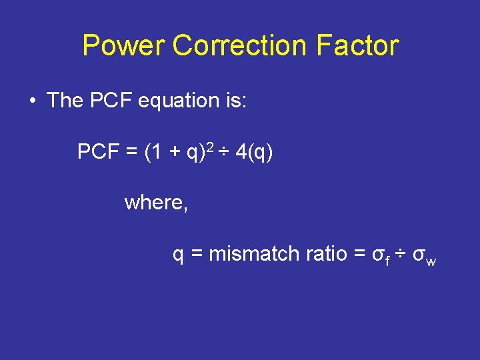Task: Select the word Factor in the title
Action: coord(357,46)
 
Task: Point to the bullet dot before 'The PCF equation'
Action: coord(32,101)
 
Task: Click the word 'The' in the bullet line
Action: coord(65,101)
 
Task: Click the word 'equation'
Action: coord(175,101)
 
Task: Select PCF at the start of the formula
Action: coord(97,153)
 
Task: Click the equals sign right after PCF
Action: coord(131,153)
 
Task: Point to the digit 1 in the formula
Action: coord(155,153)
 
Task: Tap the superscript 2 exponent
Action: coord(209,147)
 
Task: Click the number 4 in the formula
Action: coord(241,153)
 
